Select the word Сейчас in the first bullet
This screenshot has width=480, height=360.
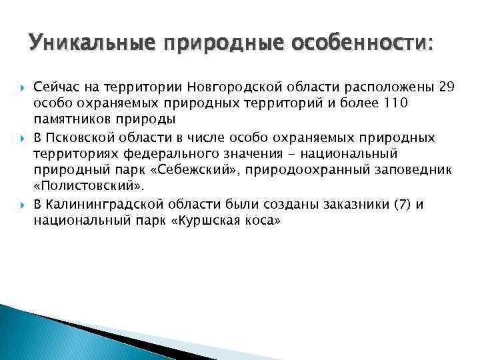click(x=57, y=88)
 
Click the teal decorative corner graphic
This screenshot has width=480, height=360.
click(x=40, y=333)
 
